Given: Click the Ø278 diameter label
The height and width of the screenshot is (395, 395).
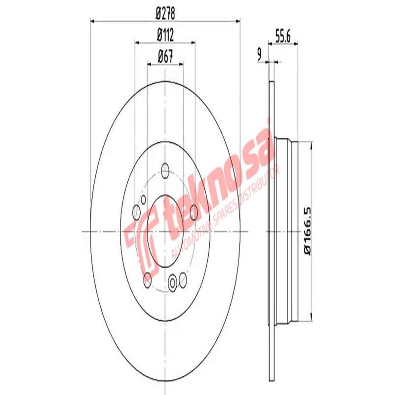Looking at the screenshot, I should click(165, 14).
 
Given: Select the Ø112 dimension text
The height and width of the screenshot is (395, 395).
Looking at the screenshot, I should click(165, 36).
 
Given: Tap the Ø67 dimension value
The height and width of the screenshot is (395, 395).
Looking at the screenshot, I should click(165, 56).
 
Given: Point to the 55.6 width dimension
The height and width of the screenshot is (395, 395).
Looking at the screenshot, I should click(282, 36).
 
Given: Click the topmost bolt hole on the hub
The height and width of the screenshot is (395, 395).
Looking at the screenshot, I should click(165, 171).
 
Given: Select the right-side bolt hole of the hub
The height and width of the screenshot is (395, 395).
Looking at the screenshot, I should click(194, 212).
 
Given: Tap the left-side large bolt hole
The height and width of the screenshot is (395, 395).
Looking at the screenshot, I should click(137, 212).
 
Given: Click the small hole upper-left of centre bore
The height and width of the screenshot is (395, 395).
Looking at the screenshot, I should click(143, 199).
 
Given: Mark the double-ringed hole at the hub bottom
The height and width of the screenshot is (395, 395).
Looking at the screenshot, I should click(172, 283).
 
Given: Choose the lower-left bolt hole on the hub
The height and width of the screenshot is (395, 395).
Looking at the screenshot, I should click(147, 280).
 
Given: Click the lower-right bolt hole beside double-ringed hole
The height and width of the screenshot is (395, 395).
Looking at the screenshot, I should click(183, 280).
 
